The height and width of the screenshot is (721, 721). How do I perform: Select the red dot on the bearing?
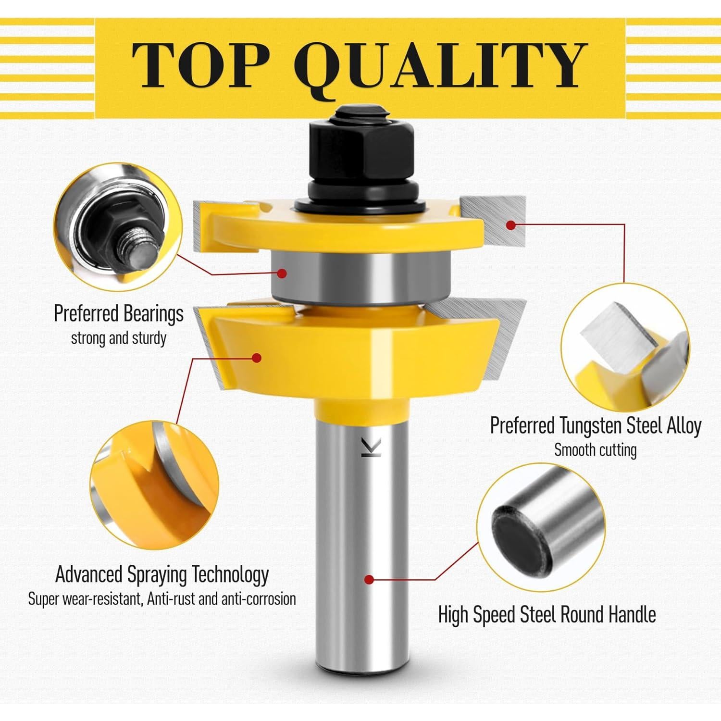pyautogui.click(x=282, y=273)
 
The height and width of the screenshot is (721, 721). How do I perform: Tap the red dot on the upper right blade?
pyautogui.click(x=511, y=224)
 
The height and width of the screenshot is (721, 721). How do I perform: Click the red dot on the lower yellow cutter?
pyautogui.click(x=257, y=358)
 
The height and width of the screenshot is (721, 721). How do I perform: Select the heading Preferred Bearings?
pyautogui.click(x=118, y=313)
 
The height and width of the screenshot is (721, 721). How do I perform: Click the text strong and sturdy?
pyautogui.click(x=118, y=338)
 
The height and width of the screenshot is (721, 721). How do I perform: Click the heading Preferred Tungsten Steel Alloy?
pyautogui.click(x=595, y=425)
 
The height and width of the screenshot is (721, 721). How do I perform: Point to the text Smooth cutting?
pyautogui.click(x=595, y=450)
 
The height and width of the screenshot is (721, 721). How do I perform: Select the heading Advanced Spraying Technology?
pyautogui.click(x=162, y=574)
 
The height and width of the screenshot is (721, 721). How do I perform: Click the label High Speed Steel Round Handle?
pyautogui.click(x=547, y=614)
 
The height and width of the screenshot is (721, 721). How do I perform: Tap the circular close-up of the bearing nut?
pyautogui.click(x=118, y=227)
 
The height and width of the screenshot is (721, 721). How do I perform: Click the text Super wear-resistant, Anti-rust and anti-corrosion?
pyautogui.click(x=162, y=599)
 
